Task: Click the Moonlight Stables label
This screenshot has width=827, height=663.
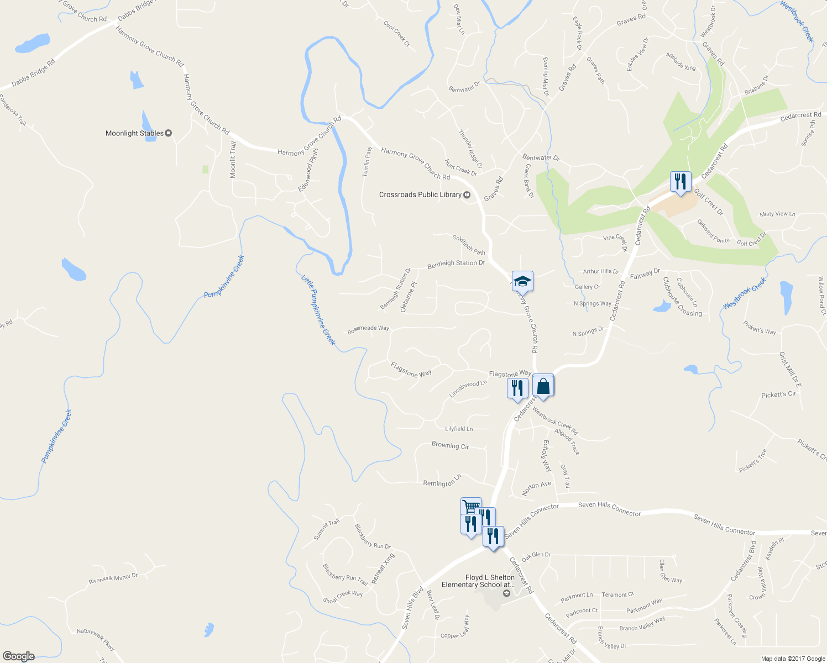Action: (x=135, y=133)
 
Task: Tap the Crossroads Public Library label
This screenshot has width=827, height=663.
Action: (x=420, y=194)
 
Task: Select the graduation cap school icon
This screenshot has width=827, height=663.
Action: (x=522, y=281)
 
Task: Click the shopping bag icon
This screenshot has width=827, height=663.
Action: (x=543, y=386)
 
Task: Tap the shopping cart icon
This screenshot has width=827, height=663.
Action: (x=470, y=506)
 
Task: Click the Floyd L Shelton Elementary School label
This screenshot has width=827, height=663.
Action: (x=478, y=581)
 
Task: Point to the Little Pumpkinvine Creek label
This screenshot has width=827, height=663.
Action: (x=318, y=309)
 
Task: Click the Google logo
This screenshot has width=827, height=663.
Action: (x=18, y=656)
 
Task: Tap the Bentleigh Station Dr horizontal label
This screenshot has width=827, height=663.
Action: (x=456, y=264)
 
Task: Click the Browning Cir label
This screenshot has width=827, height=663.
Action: (x=450, y=445)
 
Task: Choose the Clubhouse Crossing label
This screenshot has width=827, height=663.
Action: (x=682, y=297)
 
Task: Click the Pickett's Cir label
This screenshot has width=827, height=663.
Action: (x=778, y=394)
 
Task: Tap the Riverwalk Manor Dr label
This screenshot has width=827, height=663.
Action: (x=113, y=578)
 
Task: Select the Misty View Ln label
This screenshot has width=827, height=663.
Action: (x=777, y=214)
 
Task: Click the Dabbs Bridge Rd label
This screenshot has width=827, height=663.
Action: (x=34, y=73)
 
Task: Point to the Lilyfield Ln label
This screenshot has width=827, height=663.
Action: (x=459, y=429)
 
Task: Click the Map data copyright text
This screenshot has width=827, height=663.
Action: (x=793, y=659)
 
